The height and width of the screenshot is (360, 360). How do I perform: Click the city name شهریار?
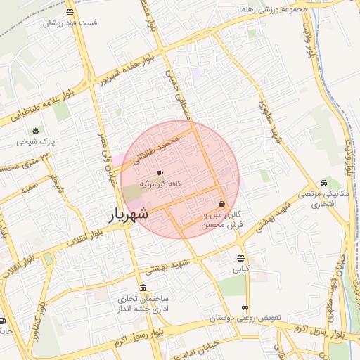(x=127, y=214)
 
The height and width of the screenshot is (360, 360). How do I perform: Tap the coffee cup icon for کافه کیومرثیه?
(x=160, y=173)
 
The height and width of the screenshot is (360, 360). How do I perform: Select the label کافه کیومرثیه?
(x=162, y=184)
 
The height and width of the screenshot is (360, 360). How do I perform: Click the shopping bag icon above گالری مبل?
(x=222, y=204)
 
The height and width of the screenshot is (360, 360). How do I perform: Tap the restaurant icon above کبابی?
(x=241, y=258)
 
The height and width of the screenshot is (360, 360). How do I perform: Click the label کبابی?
(x=241, y=269)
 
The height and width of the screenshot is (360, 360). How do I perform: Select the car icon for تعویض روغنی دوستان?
(x=244, y=307)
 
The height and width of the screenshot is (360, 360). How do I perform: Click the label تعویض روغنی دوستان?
(x=245, y=318)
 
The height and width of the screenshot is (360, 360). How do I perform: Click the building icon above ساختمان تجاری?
(x=143, y=288)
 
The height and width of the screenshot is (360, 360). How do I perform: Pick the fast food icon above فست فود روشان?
(x=69, y=12)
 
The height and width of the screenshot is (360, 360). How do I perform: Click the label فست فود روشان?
(x=70, y=22)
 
